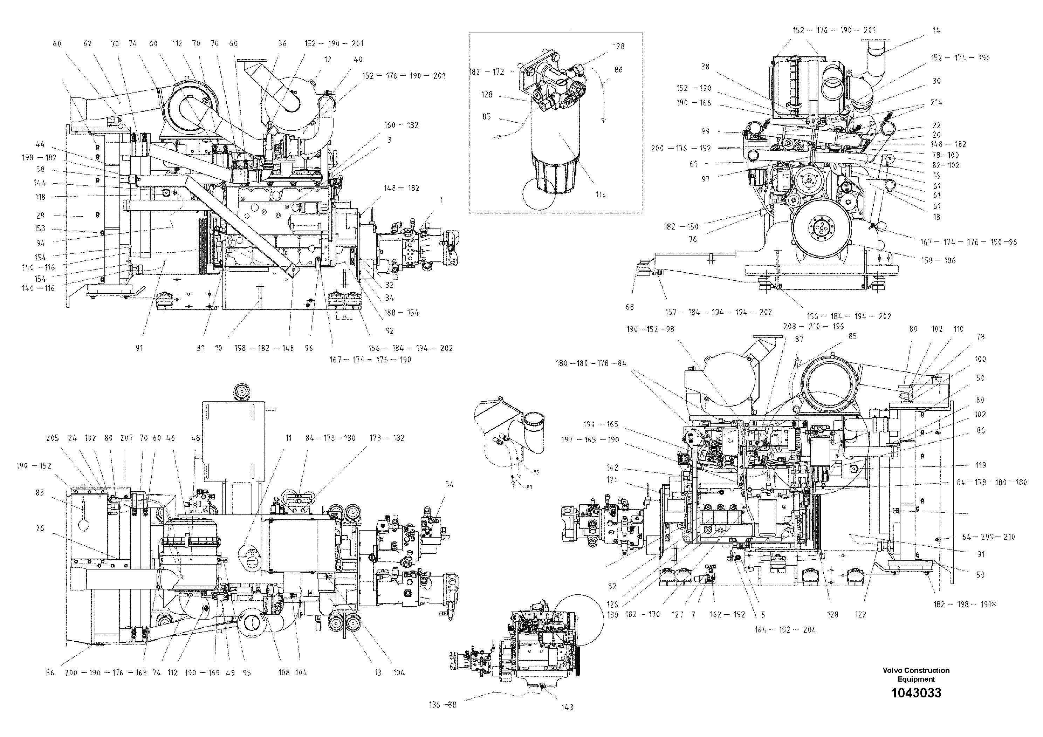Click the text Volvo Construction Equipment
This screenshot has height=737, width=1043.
click(916, 674)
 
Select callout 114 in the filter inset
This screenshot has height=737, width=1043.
click(601, 195)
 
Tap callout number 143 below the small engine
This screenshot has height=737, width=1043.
click(567, 707)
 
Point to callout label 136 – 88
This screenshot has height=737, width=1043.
click(442, 705)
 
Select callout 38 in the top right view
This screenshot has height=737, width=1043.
click(705, 66)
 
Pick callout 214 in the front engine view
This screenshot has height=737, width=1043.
click(936, 102)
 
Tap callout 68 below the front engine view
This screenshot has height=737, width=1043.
click(630, 307)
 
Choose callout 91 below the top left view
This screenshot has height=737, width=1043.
click(139, 348)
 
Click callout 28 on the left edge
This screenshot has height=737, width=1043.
click(40, 216)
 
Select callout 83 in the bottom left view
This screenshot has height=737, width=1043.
click(40, 492)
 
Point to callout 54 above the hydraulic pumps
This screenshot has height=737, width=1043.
click(449, 484)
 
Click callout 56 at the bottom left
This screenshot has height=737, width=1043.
click(50, 673)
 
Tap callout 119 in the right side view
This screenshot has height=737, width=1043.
click(980, 465)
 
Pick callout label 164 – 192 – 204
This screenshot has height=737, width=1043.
click(785, 629)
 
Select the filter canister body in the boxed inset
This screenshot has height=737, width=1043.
click(556, 136)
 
